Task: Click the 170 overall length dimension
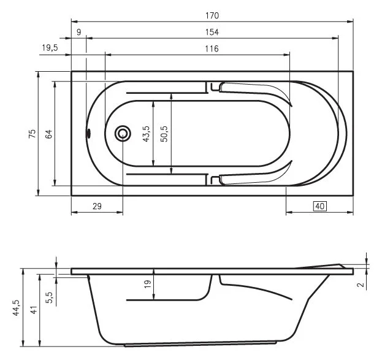tap(212, 15)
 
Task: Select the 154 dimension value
tap(212, 32)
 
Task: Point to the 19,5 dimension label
tap(48, 48)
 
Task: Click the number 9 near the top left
tap(78, 32)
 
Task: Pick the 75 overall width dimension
tap(32, 133)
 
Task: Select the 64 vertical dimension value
tap(48, 133)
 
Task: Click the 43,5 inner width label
tap(146, 133)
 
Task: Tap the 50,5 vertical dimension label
tap(164, 133)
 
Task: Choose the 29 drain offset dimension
tap(97, 207)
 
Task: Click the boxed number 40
tap(319, 207)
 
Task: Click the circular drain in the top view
tap(123, 133)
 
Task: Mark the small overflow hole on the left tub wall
tap(88, 133)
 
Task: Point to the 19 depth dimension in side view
tap(146, 285)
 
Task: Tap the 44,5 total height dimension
tap(16, 306)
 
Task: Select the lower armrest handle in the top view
tap(251, 178)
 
